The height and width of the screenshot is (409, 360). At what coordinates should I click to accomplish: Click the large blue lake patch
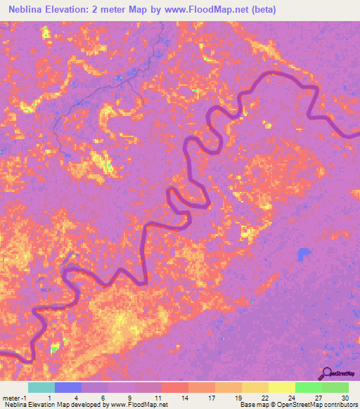(x=304, y=254)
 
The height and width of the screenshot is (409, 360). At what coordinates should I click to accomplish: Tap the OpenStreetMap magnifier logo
(x=328, y=373)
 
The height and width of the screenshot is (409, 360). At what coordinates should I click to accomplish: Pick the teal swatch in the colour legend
(x=41, y=387)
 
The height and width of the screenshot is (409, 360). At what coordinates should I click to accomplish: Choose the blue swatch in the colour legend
(x=68, y=387)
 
